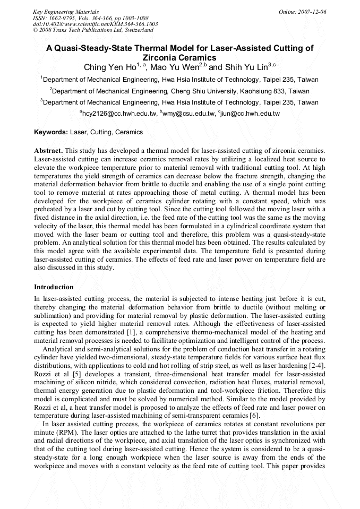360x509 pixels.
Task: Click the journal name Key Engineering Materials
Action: (x=66, y=11)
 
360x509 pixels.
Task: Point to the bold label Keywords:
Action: (x=51, y=132)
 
